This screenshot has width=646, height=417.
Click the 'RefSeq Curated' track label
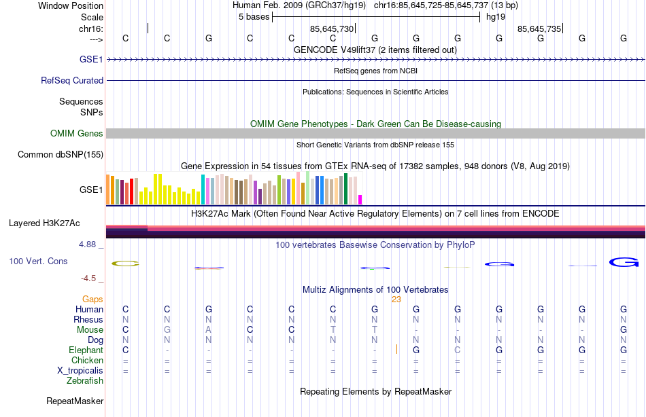72,80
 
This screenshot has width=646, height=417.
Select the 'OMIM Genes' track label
77,134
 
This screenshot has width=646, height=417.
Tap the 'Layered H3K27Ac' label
44,223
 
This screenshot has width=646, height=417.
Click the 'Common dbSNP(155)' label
61,155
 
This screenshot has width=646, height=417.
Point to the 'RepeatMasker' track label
75,401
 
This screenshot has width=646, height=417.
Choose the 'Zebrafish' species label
85,381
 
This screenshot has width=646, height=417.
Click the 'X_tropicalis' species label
80,371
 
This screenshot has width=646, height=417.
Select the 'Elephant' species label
86,350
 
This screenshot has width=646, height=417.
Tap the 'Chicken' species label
88,361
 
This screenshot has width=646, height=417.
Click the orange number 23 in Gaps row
396,300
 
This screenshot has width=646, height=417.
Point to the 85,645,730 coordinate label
332,29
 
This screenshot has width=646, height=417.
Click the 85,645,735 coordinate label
539,29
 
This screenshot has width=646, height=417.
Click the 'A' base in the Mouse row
209,330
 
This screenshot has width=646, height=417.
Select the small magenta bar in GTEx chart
360,200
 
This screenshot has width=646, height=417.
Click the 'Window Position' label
71,5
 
